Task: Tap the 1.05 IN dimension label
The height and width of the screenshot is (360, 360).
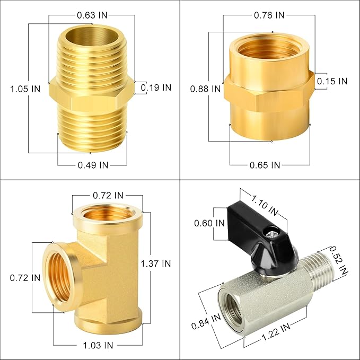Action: tap(25, 89)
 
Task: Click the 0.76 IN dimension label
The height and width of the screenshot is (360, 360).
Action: tap(269, 15)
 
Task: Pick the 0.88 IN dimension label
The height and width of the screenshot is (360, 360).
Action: tap(205, 89)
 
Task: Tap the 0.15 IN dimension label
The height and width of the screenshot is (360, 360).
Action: tap(332, 81)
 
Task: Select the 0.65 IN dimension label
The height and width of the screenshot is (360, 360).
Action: tap(265, 165)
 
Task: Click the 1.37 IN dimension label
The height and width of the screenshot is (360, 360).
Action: tap(156, 263)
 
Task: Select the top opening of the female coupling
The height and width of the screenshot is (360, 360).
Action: tap(269, 51)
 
